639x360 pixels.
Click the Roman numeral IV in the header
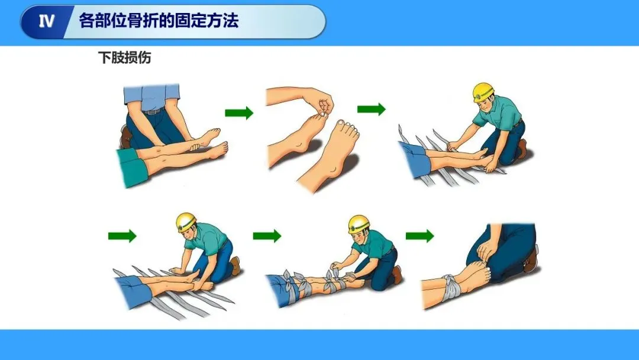coord(46,21)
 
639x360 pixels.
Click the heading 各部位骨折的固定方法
coord(159,20)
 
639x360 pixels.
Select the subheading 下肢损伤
coord(124,57)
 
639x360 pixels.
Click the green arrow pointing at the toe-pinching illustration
coord(239,112)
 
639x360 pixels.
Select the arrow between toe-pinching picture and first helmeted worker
coord(371,109)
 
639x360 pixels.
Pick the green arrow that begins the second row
coord(122,236)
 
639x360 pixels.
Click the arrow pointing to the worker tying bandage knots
coord(267,236)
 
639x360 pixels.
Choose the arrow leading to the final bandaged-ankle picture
coord(419,236)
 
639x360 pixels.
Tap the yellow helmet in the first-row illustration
coord(483,92)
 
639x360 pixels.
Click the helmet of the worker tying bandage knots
coord(359,224)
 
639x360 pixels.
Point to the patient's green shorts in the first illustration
coord(131,167)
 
